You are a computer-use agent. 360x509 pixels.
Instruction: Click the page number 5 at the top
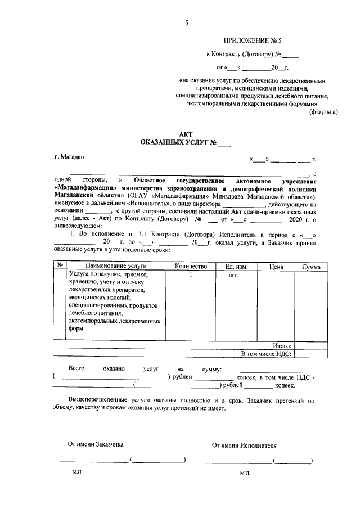pos(186,23)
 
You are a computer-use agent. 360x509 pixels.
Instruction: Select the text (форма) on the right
pos(323,112)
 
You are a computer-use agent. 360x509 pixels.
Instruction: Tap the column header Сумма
pos(310,267)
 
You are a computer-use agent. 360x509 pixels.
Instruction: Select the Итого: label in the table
pos(282,345)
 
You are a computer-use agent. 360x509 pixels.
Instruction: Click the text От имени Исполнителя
pos(244,444)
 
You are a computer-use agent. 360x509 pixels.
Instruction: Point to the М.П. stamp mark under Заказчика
pos(77,474)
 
